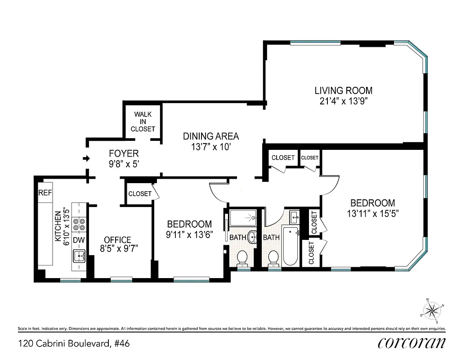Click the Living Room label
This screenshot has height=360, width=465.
[343, 90]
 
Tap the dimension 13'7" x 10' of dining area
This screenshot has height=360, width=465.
[210, 147]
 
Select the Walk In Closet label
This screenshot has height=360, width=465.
[143, 121]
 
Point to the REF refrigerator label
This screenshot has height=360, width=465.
[44, 193]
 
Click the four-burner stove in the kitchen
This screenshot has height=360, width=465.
[80, 224]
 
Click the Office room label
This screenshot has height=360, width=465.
[117, 240]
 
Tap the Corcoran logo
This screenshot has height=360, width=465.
[411, 343]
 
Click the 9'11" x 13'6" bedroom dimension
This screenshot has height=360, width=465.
[189, 234]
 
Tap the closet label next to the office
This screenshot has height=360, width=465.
[140, 194]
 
